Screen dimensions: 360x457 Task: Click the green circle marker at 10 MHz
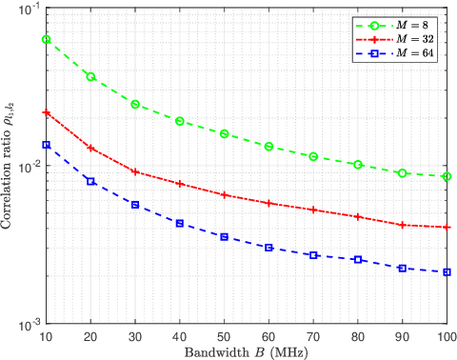pyautogui.click(x=46, y=39)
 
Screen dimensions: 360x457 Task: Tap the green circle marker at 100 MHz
pyautogui.click(x=447, y=176)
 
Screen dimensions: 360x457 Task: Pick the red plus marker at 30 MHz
pyautogui.click(x=135, y=172)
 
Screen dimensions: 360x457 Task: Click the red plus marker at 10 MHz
pyautogui.click(x=46, y=112)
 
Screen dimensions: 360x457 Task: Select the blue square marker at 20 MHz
pyautogui.click(x=90, y=181)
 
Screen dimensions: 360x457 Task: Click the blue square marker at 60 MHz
pyautogui.click(x=269, y=248)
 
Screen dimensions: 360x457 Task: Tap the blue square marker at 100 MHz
pyautogui.click(x=447, y=272)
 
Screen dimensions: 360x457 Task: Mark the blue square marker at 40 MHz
pyautogui.click(x=180, y=223)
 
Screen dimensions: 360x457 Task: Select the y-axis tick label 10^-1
pyautogui.click(x=27, y=9)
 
